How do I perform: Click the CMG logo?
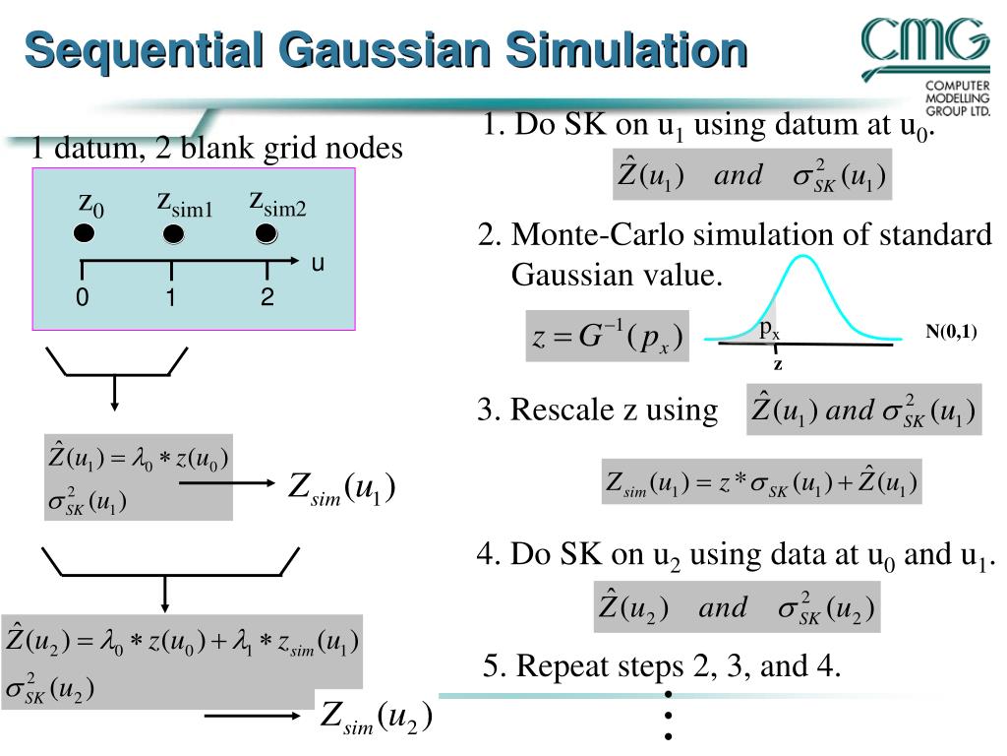tap(925, 59)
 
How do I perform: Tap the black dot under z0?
tap(85, 234)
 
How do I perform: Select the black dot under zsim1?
tap(173, 235)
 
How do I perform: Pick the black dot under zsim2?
tap(266, 234)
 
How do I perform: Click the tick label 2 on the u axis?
tap(267, 297)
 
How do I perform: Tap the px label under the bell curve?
tap(769, 331)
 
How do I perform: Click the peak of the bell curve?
tap(804, 257)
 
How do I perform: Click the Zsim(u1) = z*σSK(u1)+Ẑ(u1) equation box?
tap(761, 482)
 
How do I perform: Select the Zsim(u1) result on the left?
tap(341, 488)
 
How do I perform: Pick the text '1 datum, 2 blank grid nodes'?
tap(216, 149)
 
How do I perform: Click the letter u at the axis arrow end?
tap(318, 264)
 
